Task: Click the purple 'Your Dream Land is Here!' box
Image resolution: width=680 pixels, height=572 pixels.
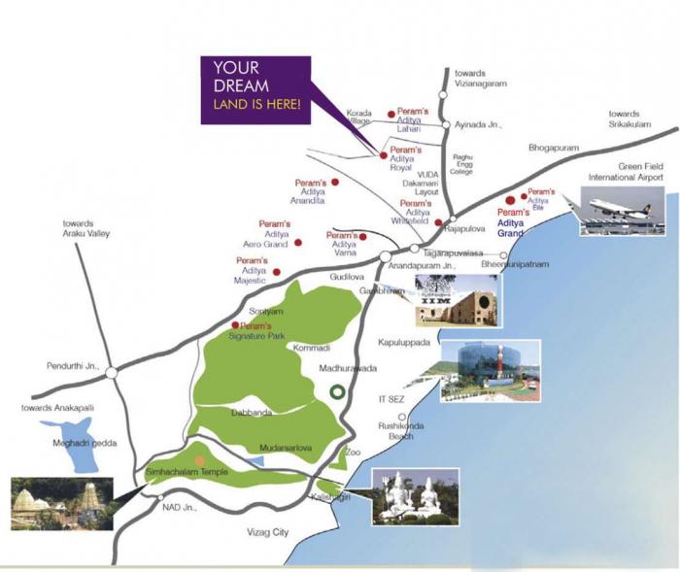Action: click(255, 90)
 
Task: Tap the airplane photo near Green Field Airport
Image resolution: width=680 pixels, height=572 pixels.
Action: click(621, 212)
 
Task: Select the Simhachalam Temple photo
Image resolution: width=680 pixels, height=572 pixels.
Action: click(59, 503)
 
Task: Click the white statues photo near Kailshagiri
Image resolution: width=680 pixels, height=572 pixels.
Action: click(415, 496)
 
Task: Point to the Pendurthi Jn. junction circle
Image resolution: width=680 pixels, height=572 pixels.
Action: click(112, 372)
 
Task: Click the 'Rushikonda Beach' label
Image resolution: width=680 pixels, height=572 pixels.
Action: click(395, 431)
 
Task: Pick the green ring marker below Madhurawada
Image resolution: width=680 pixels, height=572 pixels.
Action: click(336, 392)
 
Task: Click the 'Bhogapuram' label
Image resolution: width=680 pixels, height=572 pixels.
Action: click(553, 149)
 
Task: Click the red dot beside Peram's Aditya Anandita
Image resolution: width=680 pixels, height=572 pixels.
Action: click(335, 182)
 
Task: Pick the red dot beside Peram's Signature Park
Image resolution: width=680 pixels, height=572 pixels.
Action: click(235, 324)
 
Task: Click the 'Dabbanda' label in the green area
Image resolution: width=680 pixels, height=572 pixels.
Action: click(252, 413)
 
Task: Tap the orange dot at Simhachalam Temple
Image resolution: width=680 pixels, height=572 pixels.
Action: click(200, 460)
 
